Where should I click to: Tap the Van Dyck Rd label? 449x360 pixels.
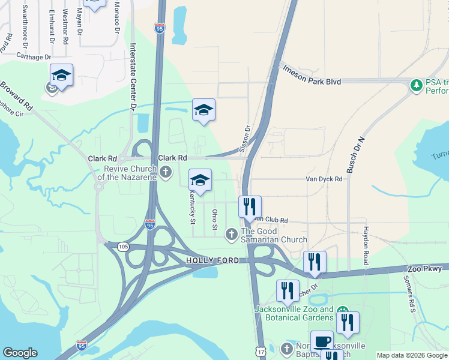(324, 179)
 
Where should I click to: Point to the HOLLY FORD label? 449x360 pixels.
(212, 260)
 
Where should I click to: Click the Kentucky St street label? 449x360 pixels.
(193, 207)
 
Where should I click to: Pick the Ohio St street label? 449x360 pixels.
(214, 220)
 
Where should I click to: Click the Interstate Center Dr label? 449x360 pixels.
(133, 76)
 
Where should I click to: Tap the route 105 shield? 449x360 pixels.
(123, 246)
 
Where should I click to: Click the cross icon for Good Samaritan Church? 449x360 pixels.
(231, 234)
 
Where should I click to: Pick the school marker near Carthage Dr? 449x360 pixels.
(61, 75)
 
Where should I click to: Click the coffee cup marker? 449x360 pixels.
(322, 341)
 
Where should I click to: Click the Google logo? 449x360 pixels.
(20, 353)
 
